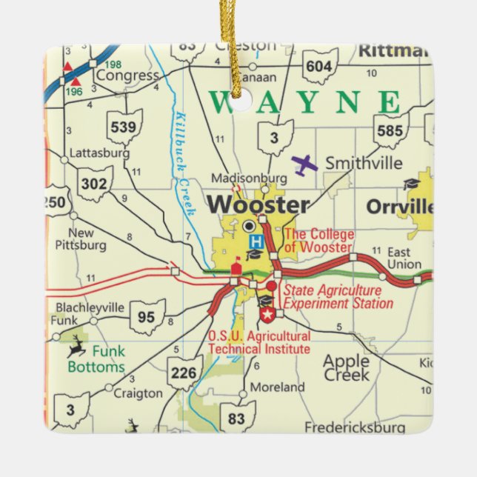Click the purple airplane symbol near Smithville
[x=304, y=164]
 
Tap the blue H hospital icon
[x=256, y=241]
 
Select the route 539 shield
[x=123, y=127]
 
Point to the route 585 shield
[x=390, y=130]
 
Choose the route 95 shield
[x=147, y=317]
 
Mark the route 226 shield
[x=184, y=373]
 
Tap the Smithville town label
[x=364, y=163]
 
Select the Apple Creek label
[x=346, y=367]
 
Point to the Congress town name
[x=127, y=76]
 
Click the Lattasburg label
[x=99, y=153]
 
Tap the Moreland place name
[x=277, y=387]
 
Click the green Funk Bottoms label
[x=96, y=359]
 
